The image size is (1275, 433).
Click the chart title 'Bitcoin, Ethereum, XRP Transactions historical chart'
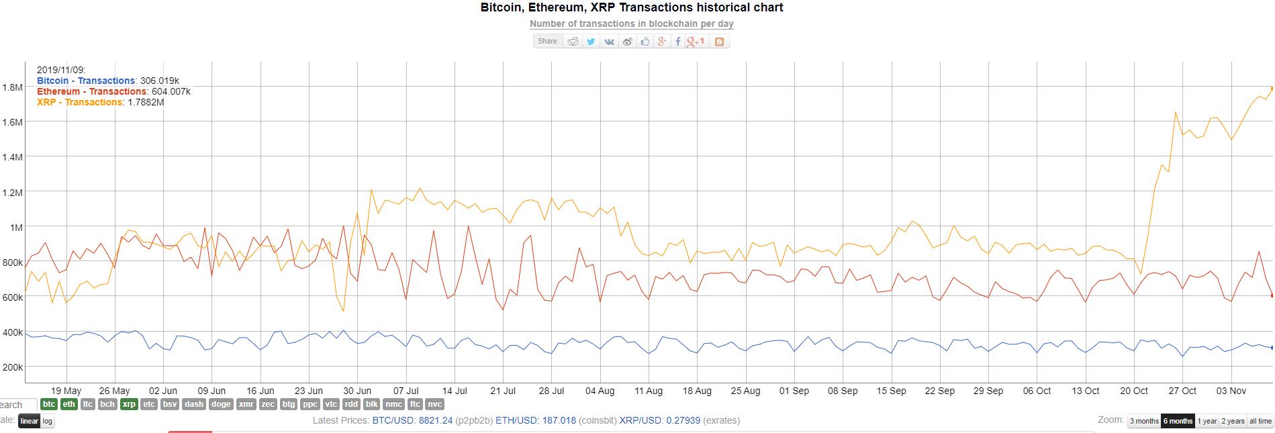coord(631,8)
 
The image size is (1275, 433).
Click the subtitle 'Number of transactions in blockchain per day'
coord(631,24)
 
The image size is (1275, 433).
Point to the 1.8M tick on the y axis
coord(12,87)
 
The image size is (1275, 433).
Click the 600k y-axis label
coord(12,297)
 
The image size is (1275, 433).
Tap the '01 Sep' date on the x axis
coord(794,391)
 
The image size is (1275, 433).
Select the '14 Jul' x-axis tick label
coord(455,391)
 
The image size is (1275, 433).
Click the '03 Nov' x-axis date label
coord(1231,391)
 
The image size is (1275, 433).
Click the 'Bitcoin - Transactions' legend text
coord(86,81)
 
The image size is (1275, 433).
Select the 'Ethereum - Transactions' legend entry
coord(91,91)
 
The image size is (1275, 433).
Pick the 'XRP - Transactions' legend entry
coord(80,102)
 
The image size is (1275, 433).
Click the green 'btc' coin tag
coord(49,404)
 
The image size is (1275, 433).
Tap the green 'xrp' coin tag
coord(129,404)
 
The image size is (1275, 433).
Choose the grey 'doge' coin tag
coord(221,404)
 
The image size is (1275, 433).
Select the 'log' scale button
coord(48,421)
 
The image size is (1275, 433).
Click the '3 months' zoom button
coord(1144,421)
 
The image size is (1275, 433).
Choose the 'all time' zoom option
coord(1260,421)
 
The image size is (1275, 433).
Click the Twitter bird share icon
coord(591,42)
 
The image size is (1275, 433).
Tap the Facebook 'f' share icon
coord(677,42)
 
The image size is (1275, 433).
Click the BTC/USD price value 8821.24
coord(436,420)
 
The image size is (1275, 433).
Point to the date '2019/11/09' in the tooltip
coord(60,70)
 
